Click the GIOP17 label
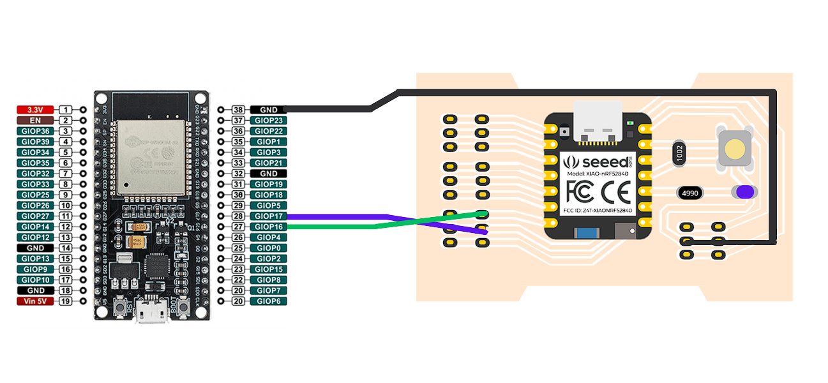click(x=269, y=216)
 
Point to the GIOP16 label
click(x=269, y=227)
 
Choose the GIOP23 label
click(x=269, y=120)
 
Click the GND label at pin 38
click(x=269, y=110)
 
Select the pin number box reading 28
click(x=239, y=216)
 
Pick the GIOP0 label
click(x=269, y=248)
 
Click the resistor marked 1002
click(x=679, y=154)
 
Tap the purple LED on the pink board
click(x=744, y=192)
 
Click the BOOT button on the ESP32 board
click(x=184, y=309)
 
